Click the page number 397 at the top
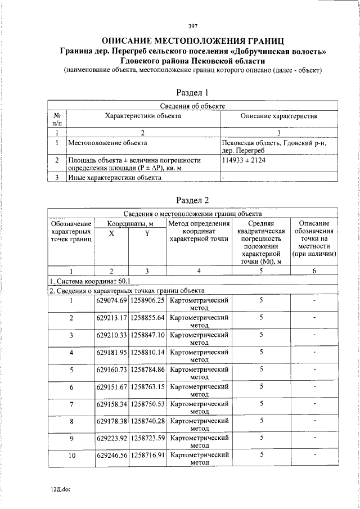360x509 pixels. click(192, 25)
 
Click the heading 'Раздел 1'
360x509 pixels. click(192, 93)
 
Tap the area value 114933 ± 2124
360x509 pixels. click(244, 161)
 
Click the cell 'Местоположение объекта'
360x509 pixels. click(103, 143)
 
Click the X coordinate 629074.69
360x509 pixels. click(112, 301)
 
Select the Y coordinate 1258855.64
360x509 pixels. click(147, 318)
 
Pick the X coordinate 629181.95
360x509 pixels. click(112, 353)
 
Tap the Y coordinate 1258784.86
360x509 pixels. click(147, 370)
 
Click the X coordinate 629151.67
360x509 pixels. click(112, 387)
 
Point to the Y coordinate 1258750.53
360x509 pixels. click(147, 404)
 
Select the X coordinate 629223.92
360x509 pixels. click(112, 439)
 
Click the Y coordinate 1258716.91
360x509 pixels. click(147, 456)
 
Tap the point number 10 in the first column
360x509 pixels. click(71, 456)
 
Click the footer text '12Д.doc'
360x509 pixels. click(60, 489)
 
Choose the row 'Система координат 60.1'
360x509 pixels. click(90, 281)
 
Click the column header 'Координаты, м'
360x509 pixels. click(130, 223)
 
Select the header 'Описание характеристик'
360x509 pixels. click(279, 116)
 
